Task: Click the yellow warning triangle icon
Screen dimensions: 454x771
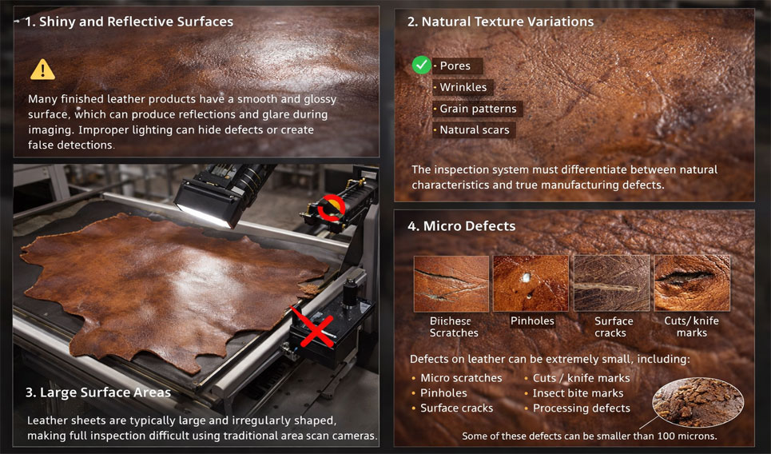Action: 42,70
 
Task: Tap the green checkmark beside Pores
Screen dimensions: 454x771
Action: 422,66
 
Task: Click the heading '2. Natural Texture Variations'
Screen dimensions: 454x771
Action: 500,22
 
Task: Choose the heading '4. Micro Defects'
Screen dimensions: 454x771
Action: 461,226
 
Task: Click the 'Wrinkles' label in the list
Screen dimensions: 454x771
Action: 463,87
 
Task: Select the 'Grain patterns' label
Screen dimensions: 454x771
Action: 478,109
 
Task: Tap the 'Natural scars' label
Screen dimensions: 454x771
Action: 474,129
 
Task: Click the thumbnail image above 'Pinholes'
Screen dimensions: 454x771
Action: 531,283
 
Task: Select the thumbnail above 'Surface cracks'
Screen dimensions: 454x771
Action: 612,283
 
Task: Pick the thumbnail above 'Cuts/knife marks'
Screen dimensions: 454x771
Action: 692,283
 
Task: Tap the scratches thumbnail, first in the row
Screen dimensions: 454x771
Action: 451,283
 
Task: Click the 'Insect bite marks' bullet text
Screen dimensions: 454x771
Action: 578,393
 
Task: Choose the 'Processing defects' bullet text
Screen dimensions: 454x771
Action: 581,408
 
